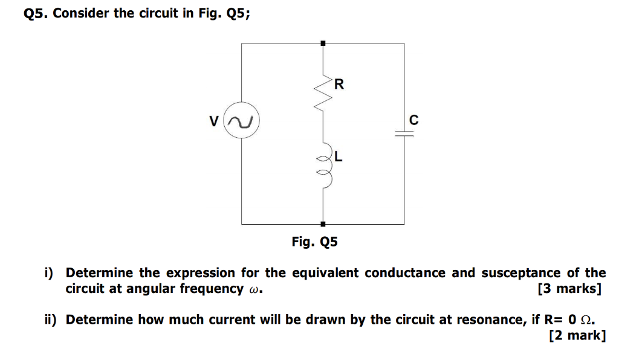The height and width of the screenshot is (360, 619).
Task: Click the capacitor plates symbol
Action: tap(404, 135)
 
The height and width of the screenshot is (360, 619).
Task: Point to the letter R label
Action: tap(339, 83)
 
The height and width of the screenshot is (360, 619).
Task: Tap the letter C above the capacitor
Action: tap(413, 120)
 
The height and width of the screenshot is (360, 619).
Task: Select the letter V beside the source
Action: tap(213, 121)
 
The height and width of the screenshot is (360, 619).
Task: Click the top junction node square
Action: tap(323, 43)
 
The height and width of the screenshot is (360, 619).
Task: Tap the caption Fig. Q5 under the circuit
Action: tap(314, 243)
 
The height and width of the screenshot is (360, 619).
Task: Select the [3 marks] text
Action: tap(569, 289)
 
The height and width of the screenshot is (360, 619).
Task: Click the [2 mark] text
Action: tap(577, 335)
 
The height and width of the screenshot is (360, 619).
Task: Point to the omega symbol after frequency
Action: tap(254, 289)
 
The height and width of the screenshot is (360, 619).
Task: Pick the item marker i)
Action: tap(50, 273)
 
